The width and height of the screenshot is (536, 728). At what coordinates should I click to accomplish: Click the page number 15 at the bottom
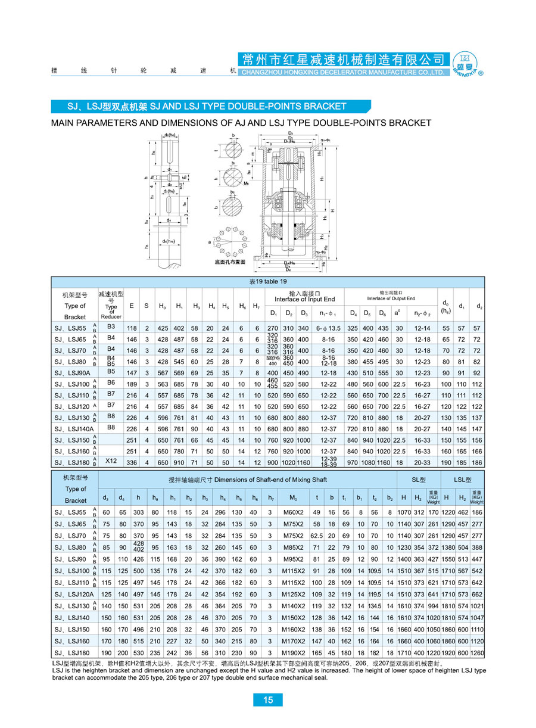click(x=267, y=700)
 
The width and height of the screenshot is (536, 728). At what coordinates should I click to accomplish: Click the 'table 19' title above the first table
click(x=267, y=282)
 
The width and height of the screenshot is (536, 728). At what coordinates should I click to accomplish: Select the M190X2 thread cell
click(x=292, y=654)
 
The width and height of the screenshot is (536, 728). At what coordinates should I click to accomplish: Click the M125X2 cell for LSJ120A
click(x=292, y=595)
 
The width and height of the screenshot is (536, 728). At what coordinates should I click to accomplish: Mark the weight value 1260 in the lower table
click(x=477, y=654)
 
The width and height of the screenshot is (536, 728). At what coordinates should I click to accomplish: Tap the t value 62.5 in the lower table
click(x=316, y=536)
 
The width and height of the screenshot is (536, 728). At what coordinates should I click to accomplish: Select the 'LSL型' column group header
click(x=462, y=479)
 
